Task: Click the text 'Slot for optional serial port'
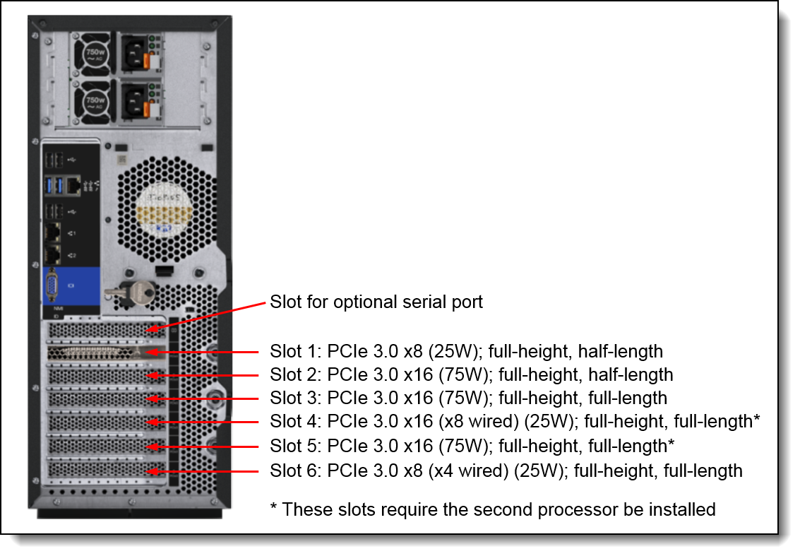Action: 376,302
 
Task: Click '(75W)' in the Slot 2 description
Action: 467,374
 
